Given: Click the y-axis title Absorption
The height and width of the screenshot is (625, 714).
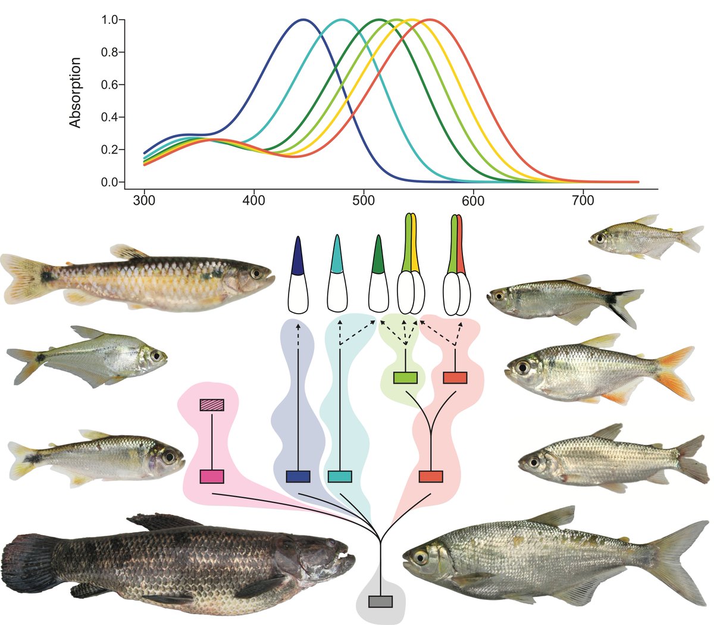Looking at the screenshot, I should [75, 92].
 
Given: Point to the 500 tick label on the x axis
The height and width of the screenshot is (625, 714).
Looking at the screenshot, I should [364, 201].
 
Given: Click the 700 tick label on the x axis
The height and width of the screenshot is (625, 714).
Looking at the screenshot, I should [583, 201].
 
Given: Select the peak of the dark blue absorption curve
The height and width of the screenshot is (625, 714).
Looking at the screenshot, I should [303, 20].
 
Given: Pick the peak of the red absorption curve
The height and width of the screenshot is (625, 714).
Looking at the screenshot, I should [428, 20].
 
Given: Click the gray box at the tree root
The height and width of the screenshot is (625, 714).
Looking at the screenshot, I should [380, 601].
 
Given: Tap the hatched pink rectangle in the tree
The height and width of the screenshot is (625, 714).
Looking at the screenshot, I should [212, 405].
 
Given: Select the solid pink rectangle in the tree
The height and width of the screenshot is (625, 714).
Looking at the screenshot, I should [212, 476].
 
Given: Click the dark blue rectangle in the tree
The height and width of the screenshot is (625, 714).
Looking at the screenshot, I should [298, 476].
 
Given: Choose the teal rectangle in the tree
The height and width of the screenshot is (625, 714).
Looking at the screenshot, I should [340, 476].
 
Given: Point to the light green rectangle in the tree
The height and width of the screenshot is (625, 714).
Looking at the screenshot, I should [405, 377].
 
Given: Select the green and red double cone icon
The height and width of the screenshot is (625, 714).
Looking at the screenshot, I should [457, 268].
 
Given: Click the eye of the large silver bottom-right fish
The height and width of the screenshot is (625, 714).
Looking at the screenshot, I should [420, 557].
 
